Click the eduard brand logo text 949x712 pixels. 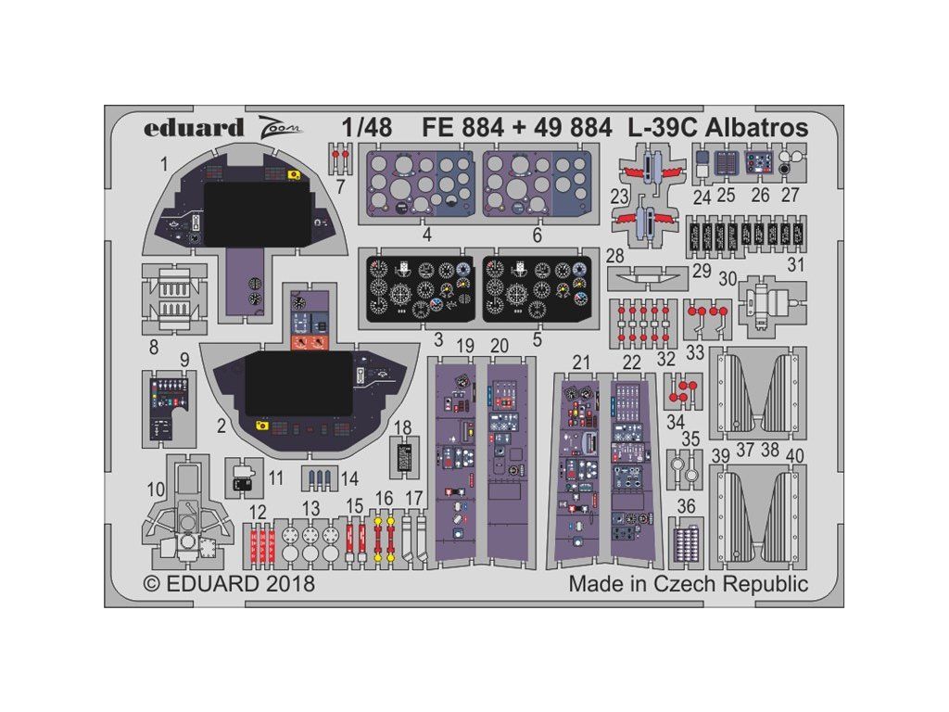coord(194,128)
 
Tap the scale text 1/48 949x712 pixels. coord(367,128)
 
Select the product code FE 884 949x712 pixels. coord(463,128)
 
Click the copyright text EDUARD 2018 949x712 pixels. coord(230,584)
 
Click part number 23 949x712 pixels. coord(619,197)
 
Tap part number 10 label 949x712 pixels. coord(156,489)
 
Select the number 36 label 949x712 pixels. coord(686,505)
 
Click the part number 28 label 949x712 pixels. coord(615,256)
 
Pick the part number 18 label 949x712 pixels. coord(402,428)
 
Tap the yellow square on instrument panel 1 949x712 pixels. coord(294,175)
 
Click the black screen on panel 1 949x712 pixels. coord(258,214)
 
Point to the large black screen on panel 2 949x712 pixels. coord(299,384)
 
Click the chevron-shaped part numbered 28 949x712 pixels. coord(648,279)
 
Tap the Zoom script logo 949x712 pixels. coord(279,128)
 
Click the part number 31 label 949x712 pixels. coord(796,264)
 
